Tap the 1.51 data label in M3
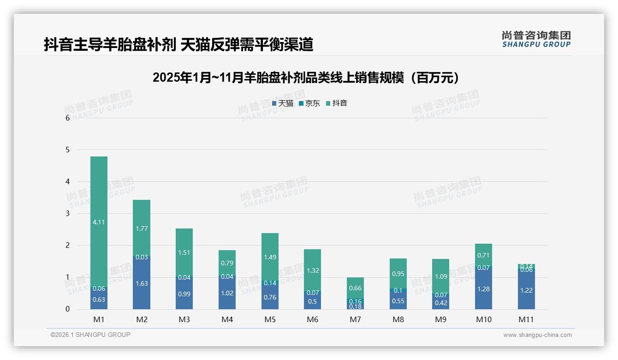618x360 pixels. [x=184, y=252]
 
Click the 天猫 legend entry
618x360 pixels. [x=283, y=103]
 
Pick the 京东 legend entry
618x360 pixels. [x=309, y=103]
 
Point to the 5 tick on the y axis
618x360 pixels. [x=68, y=150]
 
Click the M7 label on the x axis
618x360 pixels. [x=355, y=319]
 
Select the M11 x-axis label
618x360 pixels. [x=526, y=319]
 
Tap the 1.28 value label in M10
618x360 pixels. [x=484, y=289]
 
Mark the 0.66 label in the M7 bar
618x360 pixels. [x=355, y=288]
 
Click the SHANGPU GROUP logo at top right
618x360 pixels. [x=536, y=39]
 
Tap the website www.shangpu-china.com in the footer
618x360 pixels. [x=537, y=335]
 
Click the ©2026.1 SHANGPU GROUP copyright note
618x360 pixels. [x=90, y=335]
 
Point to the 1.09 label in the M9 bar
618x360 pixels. [x=440, y=276]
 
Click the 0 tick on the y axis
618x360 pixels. [x=68, y=309]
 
